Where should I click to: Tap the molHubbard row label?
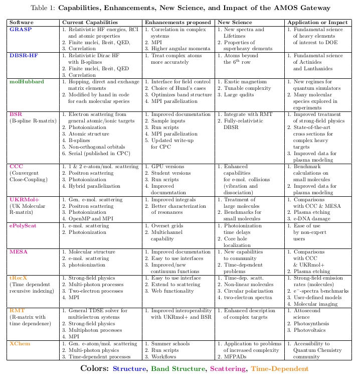tap(27, 81)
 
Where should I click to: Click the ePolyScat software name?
tap(26, 226)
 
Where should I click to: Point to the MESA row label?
tap(18, 251)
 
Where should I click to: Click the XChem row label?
tap(20, 344)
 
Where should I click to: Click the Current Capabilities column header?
tap(90, 23)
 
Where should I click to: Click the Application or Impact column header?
tap(317, 23)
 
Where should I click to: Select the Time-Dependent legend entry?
tap(279, 369)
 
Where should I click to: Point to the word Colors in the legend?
tap(95, 369)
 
